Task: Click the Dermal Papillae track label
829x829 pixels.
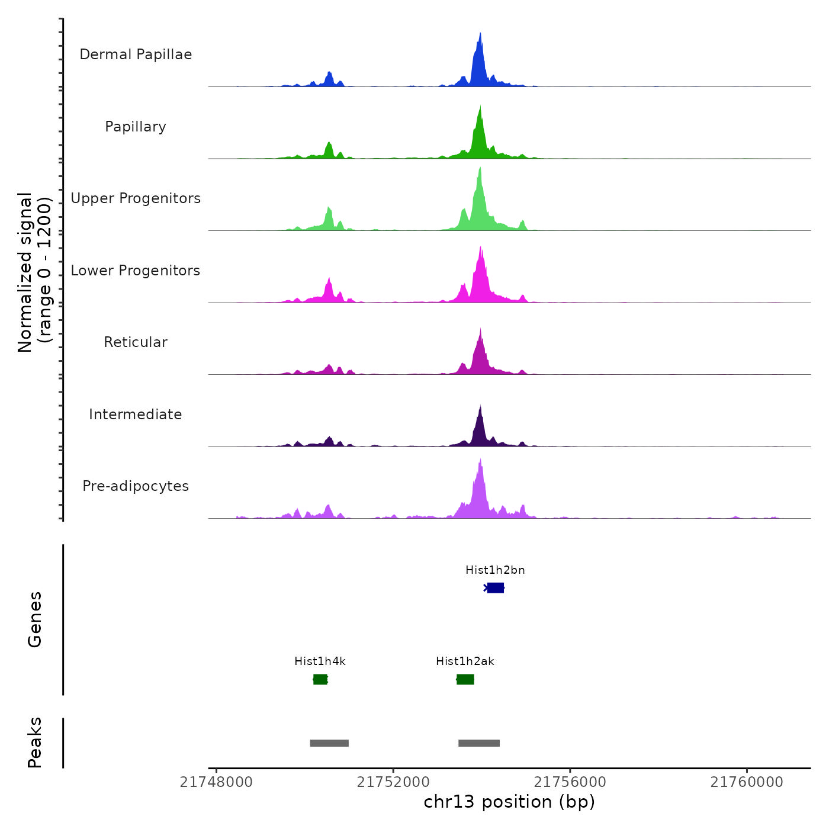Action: [x=136, y=54]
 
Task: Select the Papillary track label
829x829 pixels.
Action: [x=136, y=127]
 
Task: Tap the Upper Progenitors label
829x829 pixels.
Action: [x=136, y=198]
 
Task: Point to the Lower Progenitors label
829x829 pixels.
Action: [x=136, y=271]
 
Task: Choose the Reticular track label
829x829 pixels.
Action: [x=136, y=342]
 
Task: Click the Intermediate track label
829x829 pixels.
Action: [x=136, y=415]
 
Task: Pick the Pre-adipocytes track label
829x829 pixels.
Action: [x=136, y=486]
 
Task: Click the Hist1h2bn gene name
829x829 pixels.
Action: [x=495, y=570]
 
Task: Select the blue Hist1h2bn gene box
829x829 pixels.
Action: [x=496, y=588]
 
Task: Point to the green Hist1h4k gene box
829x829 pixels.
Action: [x=320, y=679]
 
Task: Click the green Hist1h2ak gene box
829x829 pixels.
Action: [x=465, y=679]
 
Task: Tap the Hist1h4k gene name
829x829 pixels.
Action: [x=320, y=661]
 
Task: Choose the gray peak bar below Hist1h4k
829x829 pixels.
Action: [x=329, y=743]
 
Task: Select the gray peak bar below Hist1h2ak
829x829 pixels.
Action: [x=479, y=743]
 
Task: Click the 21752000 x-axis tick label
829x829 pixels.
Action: [x=393, y=782]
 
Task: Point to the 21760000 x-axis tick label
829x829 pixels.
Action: [x=747, y=782]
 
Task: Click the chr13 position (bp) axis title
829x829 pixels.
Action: [x=509, y=802]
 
